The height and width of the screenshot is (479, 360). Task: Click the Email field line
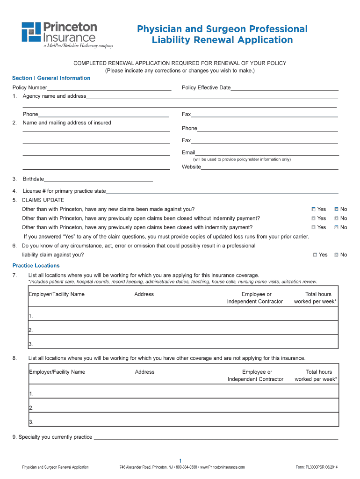point(266,153)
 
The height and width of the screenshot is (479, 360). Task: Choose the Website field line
point(269,167)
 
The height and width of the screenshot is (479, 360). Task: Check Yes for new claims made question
point(314,209)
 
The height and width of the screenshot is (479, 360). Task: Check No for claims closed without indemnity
point(336,218)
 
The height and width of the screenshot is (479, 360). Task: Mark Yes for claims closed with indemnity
point(314,227)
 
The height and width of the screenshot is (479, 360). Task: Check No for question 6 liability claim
point(336,255)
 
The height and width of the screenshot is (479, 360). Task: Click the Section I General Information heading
point(51,78)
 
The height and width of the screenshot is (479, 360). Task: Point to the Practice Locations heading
point(36,266)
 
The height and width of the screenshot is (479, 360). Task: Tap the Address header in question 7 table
point(144,294)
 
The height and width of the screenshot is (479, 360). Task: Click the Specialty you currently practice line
point(215,437)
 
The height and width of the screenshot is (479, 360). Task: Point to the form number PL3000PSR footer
point(317,467)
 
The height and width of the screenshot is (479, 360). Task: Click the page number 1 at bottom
point(180,460)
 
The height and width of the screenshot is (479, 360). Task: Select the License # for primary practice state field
point(222,191)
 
